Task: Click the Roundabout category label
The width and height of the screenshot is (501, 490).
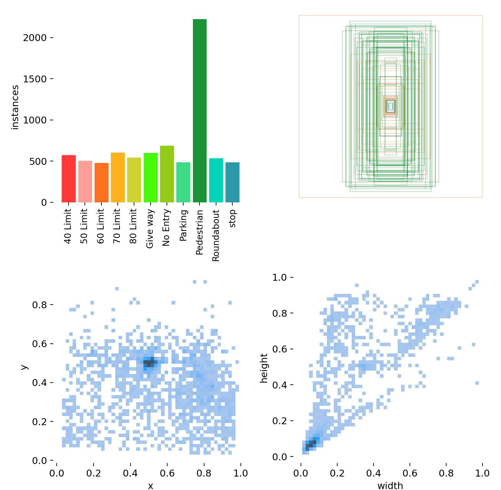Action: (x=216, y=235)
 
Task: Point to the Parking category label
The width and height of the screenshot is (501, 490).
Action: (x=183, y=225)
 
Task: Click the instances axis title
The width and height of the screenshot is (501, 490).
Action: (x=15, y=107)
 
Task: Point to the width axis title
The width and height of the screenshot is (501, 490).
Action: (x=390, y=485)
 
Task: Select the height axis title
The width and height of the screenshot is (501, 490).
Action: (x=264, y=368)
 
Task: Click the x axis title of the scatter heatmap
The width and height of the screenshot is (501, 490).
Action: (x=151, y=486)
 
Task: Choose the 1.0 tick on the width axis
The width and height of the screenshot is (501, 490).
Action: (x=482, y=473)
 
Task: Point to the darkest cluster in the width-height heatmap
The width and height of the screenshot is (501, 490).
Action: (x=311, y=444)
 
